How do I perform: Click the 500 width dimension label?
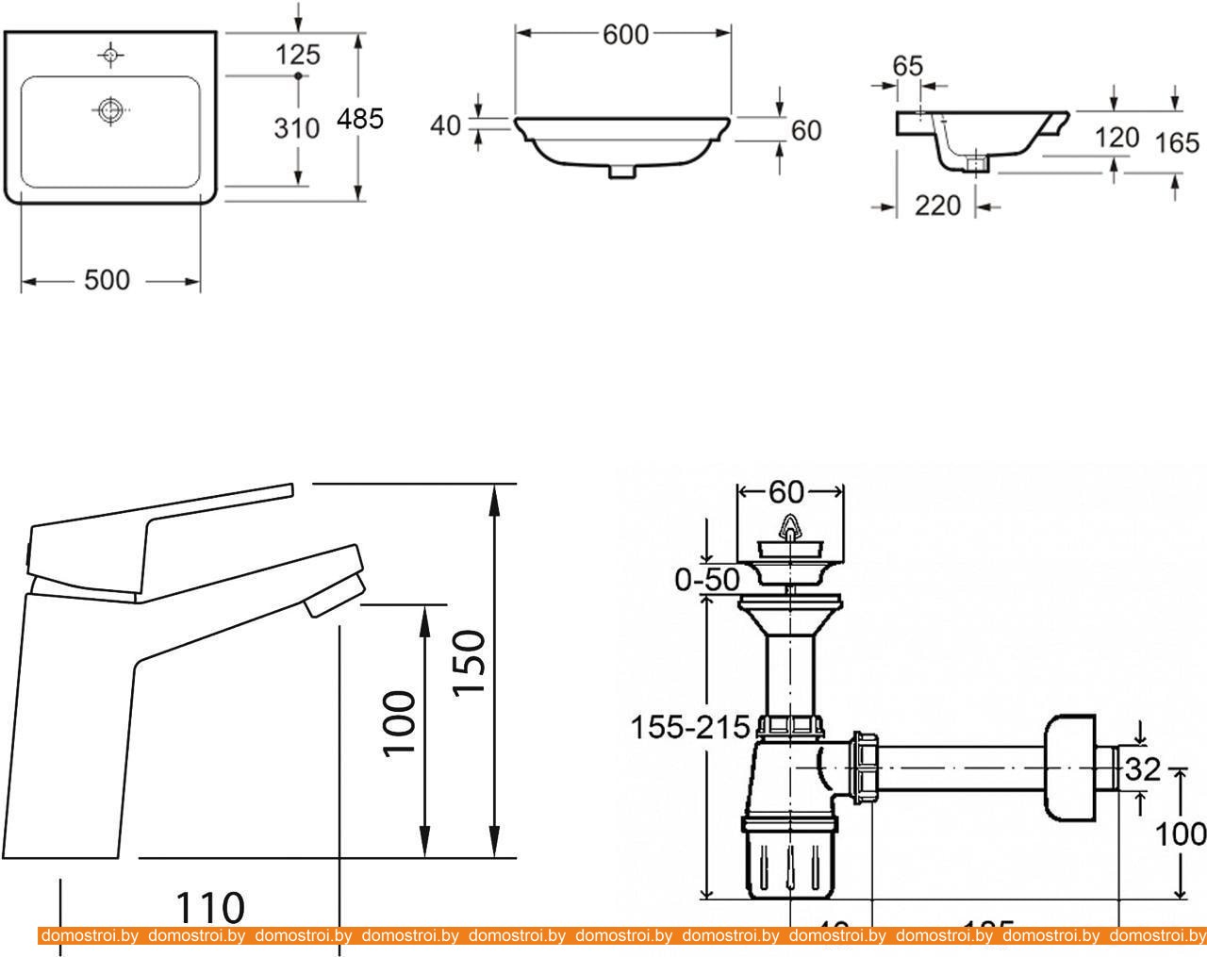pyautogui.click(x=107, y=280)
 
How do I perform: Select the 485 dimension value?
pyautogui.click(x=361, y=119)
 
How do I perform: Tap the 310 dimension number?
pyautogui.click(x=297, y=127)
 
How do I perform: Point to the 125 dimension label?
pyautogui.click(x=297, y=55)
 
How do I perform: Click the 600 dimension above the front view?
pyautogui.click(x=625, y=34)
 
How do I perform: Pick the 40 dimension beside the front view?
pyautogui.click(x=445, y=124)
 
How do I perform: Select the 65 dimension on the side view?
pyautogui.click(x=906, y=66)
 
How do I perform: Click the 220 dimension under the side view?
pyautogui.click(x=937, y=205)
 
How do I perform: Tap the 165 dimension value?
pyautogui.click(x=1178, y=142)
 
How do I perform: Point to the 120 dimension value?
pyautogui.click(x=1116, y=138)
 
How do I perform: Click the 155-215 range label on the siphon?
pyautogui.click(x=690, y=727)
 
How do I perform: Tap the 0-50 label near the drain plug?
pyautogui.click(x=707, y=580)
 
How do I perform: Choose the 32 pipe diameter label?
pyautogui.click(x=1143, y=770)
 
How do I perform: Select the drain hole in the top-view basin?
pyautogui.click(x=111, y=109)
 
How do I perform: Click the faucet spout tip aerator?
pyautogui.click(x=335, y=599)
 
